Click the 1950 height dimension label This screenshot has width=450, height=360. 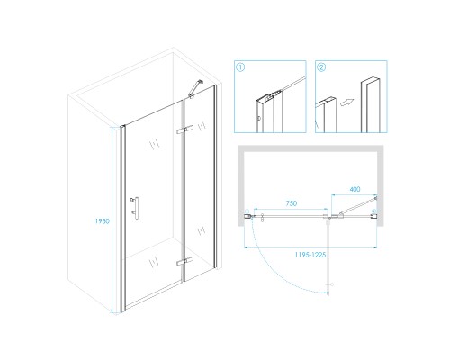[103, 221]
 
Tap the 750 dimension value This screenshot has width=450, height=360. [292, 203]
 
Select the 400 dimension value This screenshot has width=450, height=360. [355, 189]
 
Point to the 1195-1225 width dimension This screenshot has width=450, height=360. [310, 255]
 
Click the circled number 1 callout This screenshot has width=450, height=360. [240, 67]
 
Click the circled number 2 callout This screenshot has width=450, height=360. [321, 67]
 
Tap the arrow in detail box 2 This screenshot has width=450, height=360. [346, 103]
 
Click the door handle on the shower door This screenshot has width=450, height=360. [135, 208]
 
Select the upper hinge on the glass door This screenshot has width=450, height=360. [184, 130]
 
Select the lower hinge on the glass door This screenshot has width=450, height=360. [184, 261]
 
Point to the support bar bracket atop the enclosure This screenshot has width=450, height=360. [195, 88]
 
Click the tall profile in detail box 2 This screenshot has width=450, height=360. [371, 105]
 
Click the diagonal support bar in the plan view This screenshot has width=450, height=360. [357, 206]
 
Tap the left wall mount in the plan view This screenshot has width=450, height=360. [247, 215]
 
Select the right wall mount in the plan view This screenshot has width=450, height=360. [373, 214]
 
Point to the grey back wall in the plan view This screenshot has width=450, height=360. [310, 148]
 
